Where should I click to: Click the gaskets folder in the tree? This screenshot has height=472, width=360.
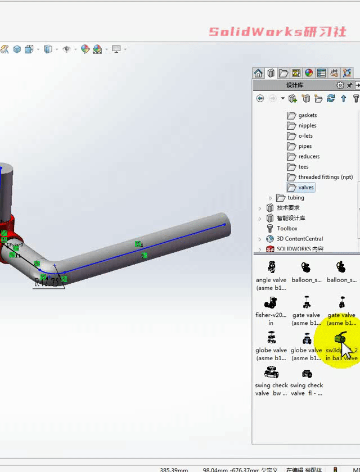pos(307,115)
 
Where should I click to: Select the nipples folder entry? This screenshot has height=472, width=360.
pos(307,126)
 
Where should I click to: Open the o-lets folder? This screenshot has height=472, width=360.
pos(305,136)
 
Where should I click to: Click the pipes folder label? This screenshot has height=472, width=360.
pos(305,146)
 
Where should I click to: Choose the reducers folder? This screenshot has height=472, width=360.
pos(309,157)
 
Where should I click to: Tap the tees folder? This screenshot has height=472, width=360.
pos(303,167)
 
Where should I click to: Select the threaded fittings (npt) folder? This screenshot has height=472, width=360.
pos(325,177)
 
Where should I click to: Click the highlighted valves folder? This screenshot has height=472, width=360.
pos(306,188)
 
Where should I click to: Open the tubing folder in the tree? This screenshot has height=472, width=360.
pos(295,198)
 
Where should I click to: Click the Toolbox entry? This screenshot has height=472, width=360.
pos(287,229)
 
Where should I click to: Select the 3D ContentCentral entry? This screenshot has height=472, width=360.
pos(300,239)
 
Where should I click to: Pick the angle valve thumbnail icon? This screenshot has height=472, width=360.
pos(271,267)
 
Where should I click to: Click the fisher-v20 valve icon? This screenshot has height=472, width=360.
pos(271,302)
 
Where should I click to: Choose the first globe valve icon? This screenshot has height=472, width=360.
pos(271,338)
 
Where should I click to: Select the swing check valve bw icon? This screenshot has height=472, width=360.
pos(271,373)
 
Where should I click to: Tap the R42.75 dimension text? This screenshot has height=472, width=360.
pos(47,283)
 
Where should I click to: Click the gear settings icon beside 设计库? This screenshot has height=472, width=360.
pos(340,85)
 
